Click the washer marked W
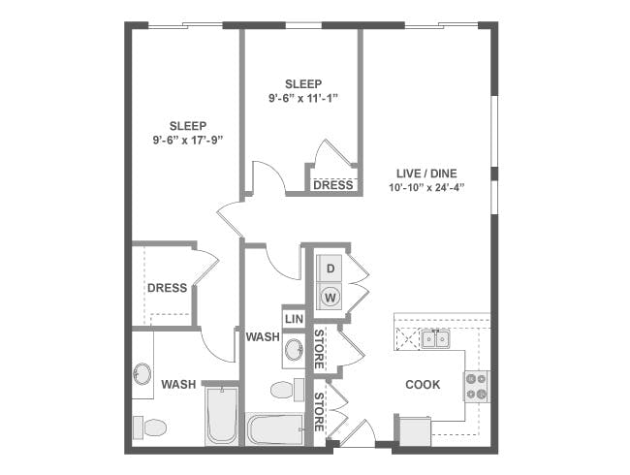pyautogui.click(x=331, y=297)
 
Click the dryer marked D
pyautogui.click(x=331, y=269)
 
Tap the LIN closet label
pyautogui.click(x=294, y=319)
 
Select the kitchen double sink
pyautogui.click(x=435, y=338)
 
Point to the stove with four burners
pyautogui.click(x=477, y=386)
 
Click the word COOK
pyautogui.click(x=423, y=385)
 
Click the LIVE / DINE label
pyautogui.click(x=426, y=174)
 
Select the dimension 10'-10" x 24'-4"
pyautogui.click(x=426, y=187)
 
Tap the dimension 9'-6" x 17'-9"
pyautogui.click(x=188, y=141)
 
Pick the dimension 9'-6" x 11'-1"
pyautogui.click(x=303, y=99)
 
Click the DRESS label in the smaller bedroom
pyautogui.click(x=333, y=185)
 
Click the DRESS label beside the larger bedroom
pyautogui.click(x=167, y=288)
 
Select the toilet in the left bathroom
pyautogui.click(x=149, y=427)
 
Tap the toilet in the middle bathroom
pyautogui.click(x=287, y=390)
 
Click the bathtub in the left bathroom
pyautogui.click(x=221, y=416)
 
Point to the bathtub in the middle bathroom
pyautogui.click(x=274, y=428)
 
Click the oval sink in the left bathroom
pyautogui.click(x=142, y=374)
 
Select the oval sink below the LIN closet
pyautogui.click(x=295, y=350)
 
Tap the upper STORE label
pyautogui.click(x=319, y=349)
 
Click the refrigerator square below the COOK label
pyautogui.click(x=416, y=431)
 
